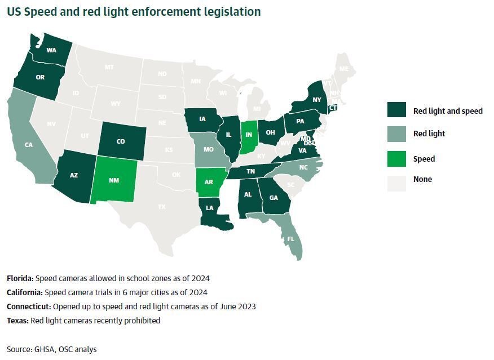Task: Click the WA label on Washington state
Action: (x=51, y=50)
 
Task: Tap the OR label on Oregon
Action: (x=40, y=77)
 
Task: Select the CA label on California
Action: (x=29, y=145)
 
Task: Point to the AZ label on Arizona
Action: (x=74, y=175)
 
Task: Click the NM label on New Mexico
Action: (x=114, y=180)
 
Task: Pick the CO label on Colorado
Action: (x=121, y=141)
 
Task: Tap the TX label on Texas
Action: (x=162, y=207)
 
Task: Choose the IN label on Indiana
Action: (x=249, y=135)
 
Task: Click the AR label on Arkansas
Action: (x=209, y=183)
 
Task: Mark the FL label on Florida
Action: (x=290, y=238)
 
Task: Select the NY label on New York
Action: (x=316, y=100)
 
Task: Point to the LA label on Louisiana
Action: (x=209, y=208)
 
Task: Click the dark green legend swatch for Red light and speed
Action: (x=396, y=110)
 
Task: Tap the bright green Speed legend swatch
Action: (x=396, y=158)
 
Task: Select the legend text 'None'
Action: (x=422, y=179)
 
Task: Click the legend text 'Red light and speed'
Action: (x=448, y=111)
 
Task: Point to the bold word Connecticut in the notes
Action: (x=28, y=306)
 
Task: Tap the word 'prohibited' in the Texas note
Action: (x=143, y=321)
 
